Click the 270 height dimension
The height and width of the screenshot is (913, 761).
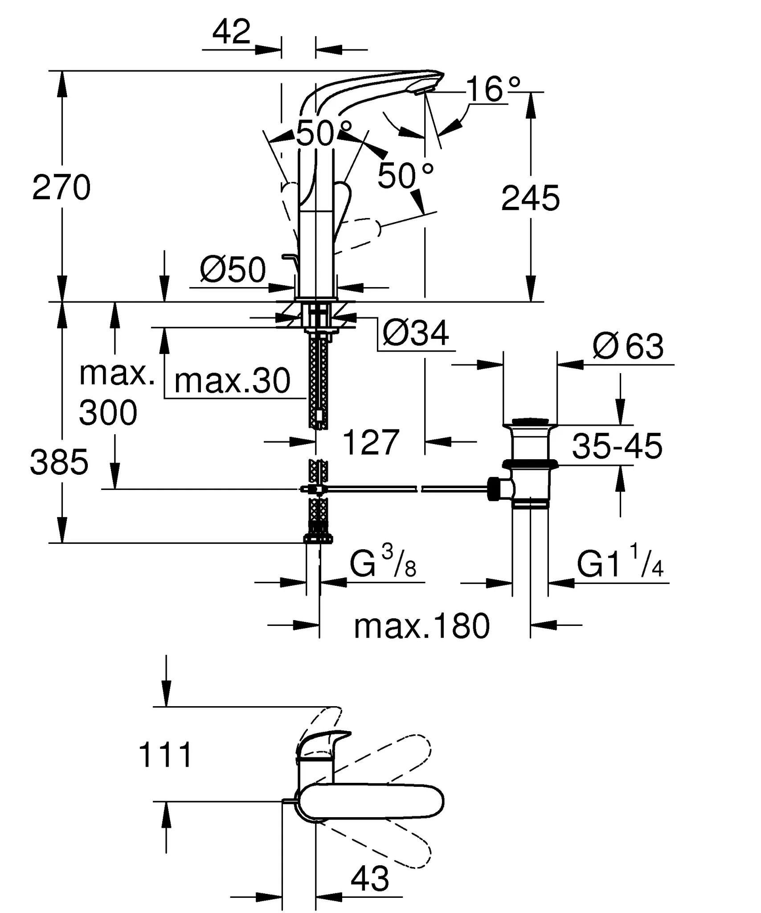61,188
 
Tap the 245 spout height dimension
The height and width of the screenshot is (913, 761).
530,198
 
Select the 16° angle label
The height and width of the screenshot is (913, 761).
493,90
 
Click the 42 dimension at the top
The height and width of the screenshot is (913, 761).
231,32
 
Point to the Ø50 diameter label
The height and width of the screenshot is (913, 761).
233,270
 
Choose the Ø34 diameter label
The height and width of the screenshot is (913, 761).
415,333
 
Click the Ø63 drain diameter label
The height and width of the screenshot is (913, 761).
628,346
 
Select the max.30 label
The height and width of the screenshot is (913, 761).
232,381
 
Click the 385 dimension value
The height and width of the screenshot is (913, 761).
59,462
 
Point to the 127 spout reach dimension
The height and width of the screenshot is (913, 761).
371,443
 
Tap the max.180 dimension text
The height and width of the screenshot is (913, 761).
421,626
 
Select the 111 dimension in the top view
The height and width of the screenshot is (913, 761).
165,755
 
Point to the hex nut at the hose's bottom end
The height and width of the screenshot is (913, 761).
318,539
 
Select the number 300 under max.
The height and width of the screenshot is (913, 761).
108,413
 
